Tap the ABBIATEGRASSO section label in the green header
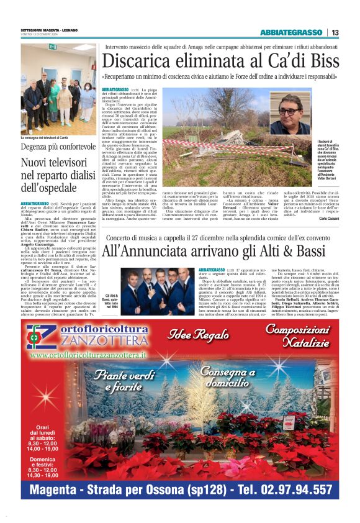tap(291, 32)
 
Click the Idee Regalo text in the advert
tap(187, 336)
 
